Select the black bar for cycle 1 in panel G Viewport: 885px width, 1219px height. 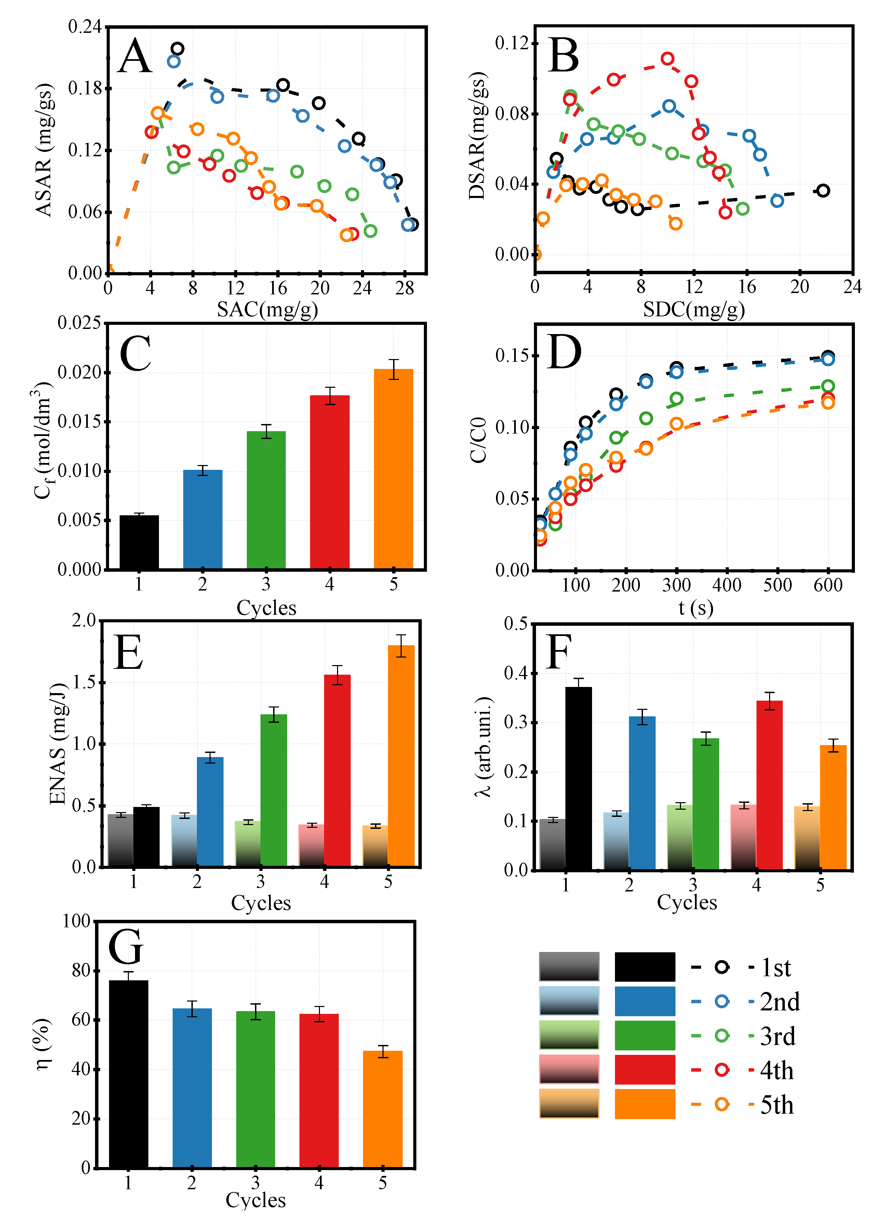point(129,1075)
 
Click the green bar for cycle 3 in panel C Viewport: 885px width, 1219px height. point(266,500)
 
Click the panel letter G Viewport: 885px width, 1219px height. point(126,947)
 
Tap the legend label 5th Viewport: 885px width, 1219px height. point(777,1105)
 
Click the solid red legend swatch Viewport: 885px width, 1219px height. point(644,1070)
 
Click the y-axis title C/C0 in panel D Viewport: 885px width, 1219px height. point(478,440)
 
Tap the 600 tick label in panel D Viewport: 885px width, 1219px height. point(828,585)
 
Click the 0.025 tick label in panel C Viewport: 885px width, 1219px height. point(80,323)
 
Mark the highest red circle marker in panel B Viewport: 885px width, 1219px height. point(667,58)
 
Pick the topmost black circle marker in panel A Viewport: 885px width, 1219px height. point(177,49)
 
